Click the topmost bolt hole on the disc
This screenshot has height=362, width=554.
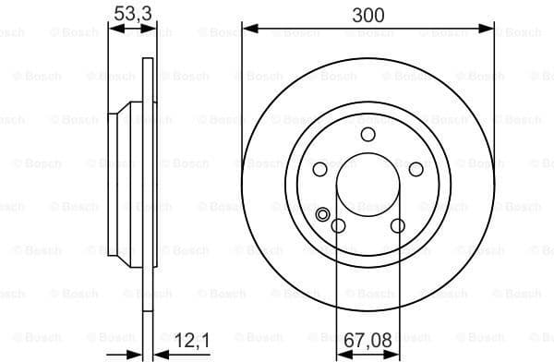(367, 135)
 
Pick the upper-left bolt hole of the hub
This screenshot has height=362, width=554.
(320, 169)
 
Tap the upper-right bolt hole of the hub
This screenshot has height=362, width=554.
(415, 169)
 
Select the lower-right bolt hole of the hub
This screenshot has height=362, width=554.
(397, 225)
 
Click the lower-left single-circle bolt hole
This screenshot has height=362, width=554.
(338, 226)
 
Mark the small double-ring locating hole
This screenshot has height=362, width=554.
(323, 216)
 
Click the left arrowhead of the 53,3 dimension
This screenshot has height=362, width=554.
(114, 30)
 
